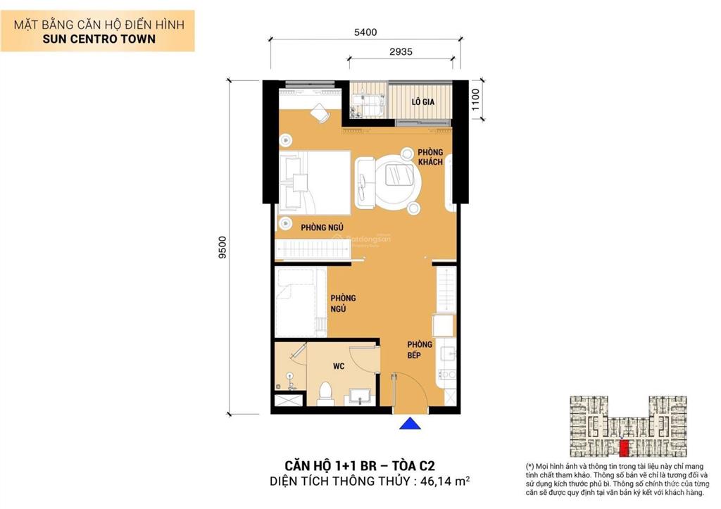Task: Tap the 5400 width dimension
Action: tap(365, 32)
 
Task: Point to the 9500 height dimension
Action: tap(222, 247)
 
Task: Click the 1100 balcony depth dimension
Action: tap(476, 101)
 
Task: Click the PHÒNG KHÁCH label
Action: tap(430, 157)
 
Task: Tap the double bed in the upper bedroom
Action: tap(314, 182)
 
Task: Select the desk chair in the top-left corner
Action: tap(320, 112)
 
